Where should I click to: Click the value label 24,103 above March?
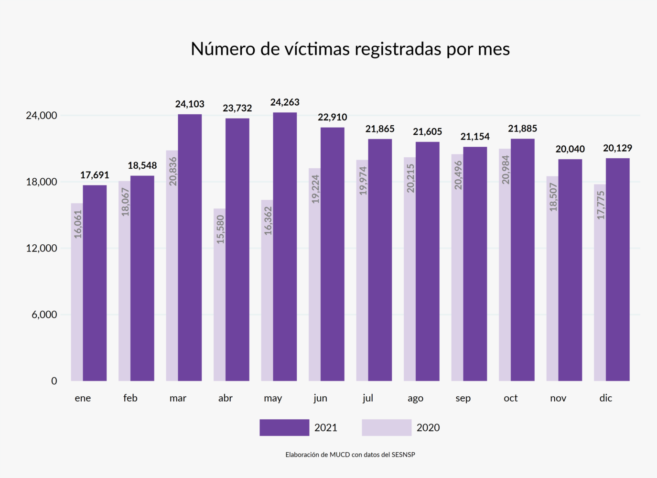click(190, 104)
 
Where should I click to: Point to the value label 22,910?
click(333, 118)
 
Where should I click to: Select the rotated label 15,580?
click(220, 229)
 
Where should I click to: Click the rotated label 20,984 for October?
click(506, 170)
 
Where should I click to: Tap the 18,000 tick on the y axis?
click(42, 182)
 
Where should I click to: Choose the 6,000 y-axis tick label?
click(44, 315)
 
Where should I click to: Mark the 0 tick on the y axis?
click(54, 381)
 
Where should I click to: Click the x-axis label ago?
click(415, 398)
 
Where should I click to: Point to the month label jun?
click(320, 398)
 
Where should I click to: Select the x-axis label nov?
click(558, 398)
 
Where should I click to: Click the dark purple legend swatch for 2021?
click(284, 427)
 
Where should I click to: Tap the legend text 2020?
click(428, 428)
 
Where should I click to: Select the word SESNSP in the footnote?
click(403, 455)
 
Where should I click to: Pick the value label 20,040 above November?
click(570, 149)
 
